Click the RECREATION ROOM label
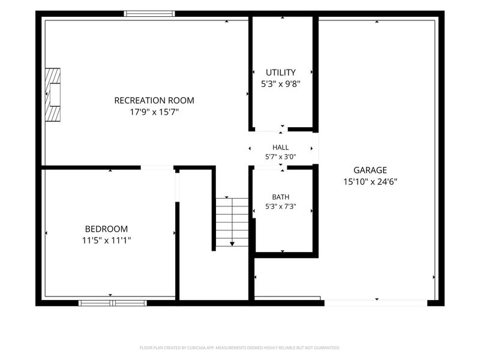(x=154, y=100)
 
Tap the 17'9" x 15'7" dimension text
(x=154, y=112)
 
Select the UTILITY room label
(x=281, y=73)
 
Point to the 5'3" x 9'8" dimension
(x=281, y=84)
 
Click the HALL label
(x=280, y=147)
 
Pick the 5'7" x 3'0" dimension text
(x=280, y=157)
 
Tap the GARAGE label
(x=370, y=170)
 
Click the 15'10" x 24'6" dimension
(x=370, y=182)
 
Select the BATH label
(x=280, y=197)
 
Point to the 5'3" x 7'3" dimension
(x=280, y=206)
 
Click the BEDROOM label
(x=106, y=229)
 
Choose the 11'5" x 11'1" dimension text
(x=106, y=241)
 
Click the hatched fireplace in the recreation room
(x=53, y=95)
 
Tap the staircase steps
(x=232, y=222)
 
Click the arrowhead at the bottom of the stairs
(x=232, y=244)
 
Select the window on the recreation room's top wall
(x=149, y=13)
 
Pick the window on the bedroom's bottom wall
(x=113, y=303)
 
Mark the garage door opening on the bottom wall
(x=376, y=303)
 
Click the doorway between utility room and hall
(x=271, y=130)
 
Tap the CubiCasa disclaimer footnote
(x=239, y=348)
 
